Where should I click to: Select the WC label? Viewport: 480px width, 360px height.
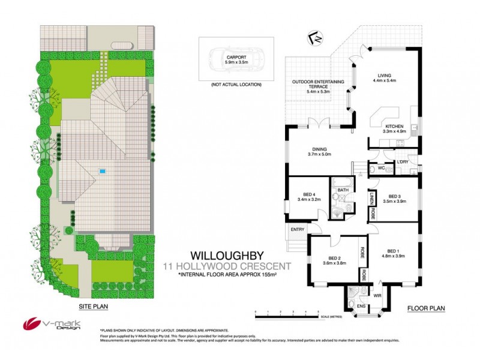[x=380, y=169]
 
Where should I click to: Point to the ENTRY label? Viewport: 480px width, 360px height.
[x=297, y=229]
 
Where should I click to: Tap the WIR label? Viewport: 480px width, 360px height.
[x=378, y=295]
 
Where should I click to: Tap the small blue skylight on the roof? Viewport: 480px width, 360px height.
[x=103, y=172]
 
